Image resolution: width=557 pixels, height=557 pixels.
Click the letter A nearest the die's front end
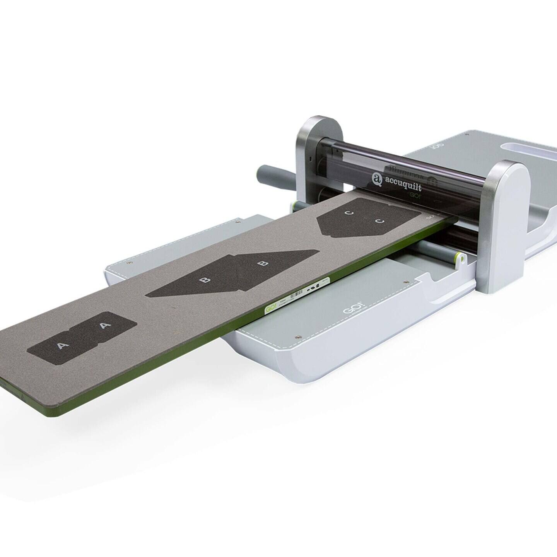click(x=61, y=346)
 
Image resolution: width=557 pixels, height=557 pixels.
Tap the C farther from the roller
click(x=349, y=212)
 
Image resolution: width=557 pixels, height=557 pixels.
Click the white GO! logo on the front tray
click(x=347, y=311)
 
